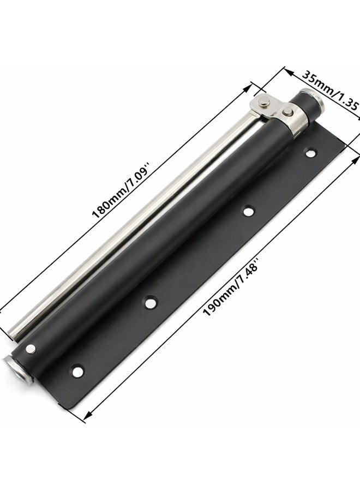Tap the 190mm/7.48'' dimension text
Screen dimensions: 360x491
pyautogui.click(x=231, y=286)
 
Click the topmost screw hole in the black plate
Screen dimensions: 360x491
pyautogui.click(x=310, y=154)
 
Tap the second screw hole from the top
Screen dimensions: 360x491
pyautogui.click(x=249, y=211)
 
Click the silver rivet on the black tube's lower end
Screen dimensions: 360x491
pyautogui.click(x=31, y=349)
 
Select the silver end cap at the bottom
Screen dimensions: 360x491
pyautogui.click(x=19, y=370)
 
